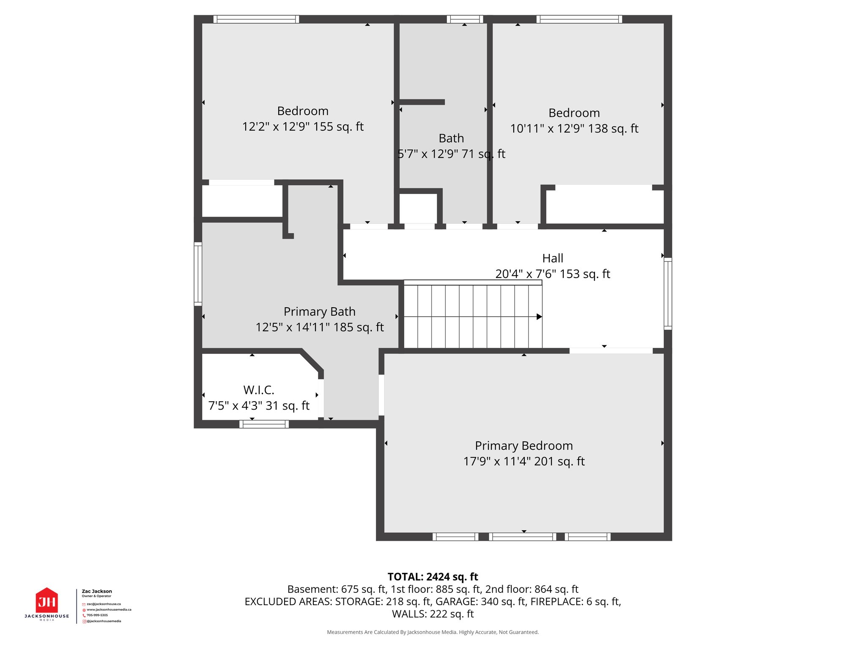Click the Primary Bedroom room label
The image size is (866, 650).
523,446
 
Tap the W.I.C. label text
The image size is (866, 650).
259,390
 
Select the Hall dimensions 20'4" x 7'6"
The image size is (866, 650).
553,274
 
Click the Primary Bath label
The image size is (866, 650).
319,311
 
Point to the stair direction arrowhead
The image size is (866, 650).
539,317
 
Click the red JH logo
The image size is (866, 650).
47,601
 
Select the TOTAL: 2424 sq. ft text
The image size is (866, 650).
433,577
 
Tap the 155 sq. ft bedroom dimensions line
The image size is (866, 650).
303,127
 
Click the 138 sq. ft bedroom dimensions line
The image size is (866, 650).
574,129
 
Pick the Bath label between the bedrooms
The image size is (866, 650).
451,138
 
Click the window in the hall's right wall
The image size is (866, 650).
668,293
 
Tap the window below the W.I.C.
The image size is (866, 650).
264,424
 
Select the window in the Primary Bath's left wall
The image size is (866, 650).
198,274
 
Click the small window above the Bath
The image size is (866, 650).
465,19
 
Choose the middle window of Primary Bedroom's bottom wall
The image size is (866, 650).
523,537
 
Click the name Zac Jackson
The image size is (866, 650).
97,591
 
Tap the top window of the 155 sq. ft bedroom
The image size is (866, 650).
256,19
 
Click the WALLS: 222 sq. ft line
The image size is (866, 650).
433,614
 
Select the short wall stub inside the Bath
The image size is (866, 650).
422,102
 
